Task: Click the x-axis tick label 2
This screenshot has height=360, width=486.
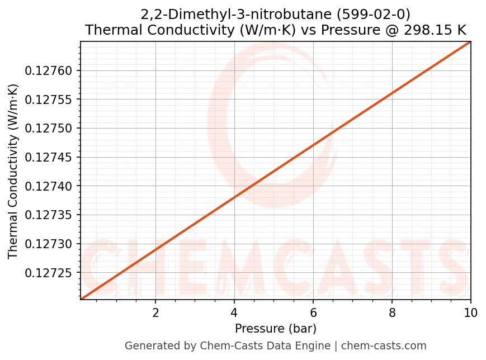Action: (x=155, y=312)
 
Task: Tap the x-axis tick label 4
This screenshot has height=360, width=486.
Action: (x=234, y=312)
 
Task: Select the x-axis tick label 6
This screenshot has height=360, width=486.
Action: (x=313, y=312)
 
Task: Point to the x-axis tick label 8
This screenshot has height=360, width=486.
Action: (x=392, y=312)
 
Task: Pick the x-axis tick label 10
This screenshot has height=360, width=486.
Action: (x=471, y=312)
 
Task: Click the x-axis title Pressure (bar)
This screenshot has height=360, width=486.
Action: (x=276, y=328)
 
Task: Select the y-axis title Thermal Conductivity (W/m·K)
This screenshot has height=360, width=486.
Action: (x=13, y=171)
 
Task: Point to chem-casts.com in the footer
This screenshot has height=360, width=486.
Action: (x=384, y=346)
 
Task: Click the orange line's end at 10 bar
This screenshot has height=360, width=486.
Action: (x=470, y=42)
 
